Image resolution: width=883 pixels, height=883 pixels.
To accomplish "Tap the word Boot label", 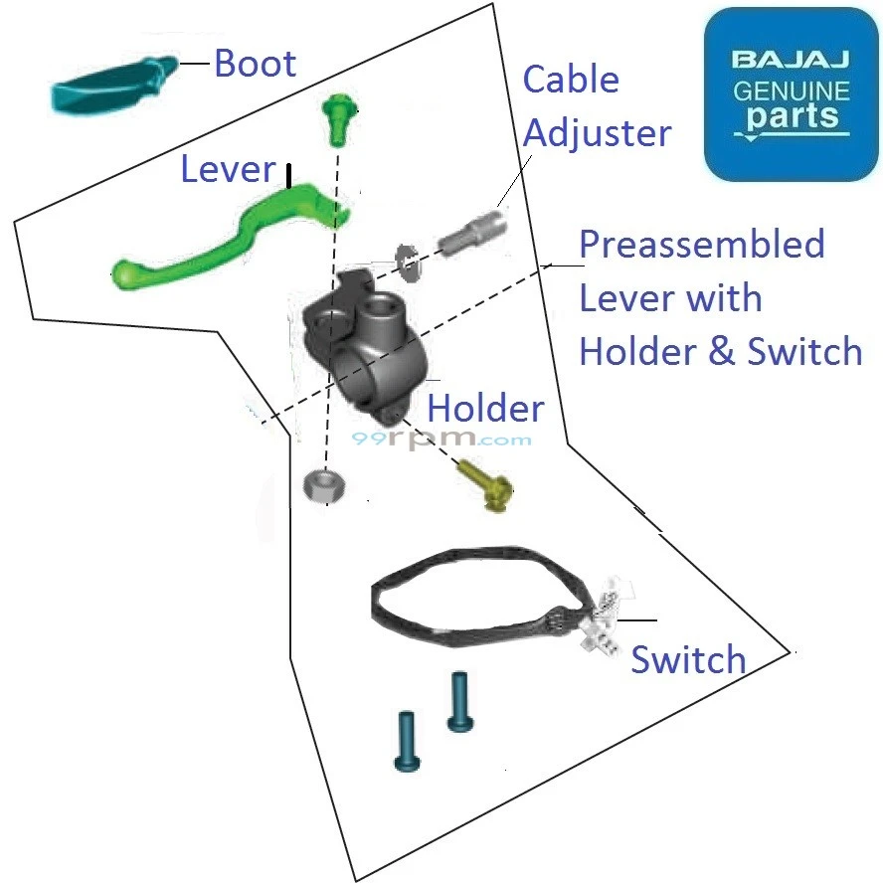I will click(256, 64).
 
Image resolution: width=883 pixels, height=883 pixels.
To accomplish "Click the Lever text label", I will click(227, 169).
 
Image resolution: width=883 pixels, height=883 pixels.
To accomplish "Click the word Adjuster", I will click(597, 133).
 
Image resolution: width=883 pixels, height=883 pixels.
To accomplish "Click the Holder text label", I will click(485, 409).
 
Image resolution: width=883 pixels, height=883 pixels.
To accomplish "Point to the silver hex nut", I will click(322, 486).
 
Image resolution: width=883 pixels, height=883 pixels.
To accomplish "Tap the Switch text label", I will click(688, 659).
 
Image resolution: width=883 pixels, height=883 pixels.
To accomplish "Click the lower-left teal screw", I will click(407, 741).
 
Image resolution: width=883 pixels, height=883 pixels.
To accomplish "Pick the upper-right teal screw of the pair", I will click(458, 702).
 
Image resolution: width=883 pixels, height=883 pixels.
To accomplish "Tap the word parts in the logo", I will click(793, 116).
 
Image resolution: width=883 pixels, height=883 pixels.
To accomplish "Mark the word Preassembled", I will click(702, 244).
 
